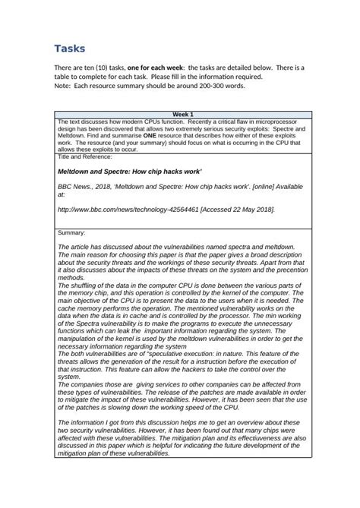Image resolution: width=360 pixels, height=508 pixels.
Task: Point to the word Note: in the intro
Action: pos(63,86)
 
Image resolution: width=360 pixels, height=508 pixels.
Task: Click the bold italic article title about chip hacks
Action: pos(130,172)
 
